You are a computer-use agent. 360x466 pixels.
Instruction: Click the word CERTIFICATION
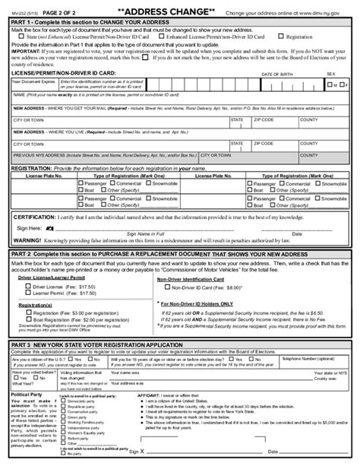tap(38, 217)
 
